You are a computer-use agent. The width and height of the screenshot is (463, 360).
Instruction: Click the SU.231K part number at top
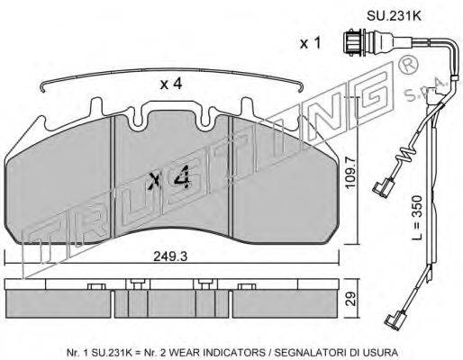tap(394, 16)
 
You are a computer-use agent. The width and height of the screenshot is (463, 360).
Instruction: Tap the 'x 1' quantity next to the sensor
tap(311, 44)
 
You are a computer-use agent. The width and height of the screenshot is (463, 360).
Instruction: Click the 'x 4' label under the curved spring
tap(171, 84)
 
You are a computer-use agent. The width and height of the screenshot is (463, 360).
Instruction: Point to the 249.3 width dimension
tap(170, 256)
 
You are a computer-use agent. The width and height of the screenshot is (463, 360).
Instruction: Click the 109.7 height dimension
tap(350, 172)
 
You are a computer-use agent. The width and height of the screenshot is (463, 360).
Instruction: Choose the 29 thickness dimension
tap(350, 299)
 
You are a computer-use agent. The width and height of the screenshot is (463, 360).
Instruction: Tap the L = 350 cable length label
tap(417, 218)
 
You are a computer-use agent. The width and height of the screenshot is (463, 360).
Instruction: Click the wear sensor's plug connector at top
tap(354, 42)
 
